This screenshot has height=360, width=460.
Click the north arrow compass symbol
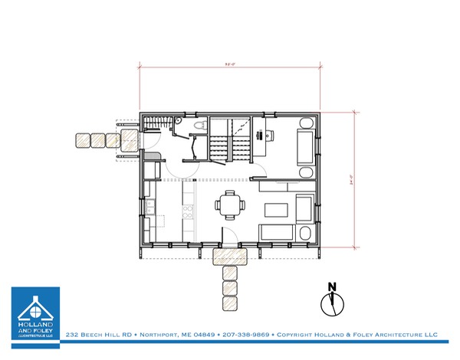(x=332, y=299)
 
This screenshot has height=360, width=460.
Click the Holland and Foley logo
(x=34, y=314)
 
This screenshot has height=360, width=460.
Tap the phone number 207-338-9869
(x=245, y=335)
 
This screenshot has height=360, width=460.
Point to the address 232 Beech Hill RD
(x=98, y=335)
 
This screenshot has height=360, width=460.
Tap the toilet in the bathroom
(x=198, y=127)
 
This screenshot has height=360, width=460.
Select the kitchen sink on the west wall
(x=151, y=205)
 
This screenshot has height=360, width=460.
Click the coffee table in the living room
(x=278, y=208)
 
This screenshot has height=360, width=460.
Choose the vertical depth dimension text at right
(x=351, y=180)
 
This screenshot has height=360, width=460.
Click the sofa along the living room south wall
(x=276, y=233)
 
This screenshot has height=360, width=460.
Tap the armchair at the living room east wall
(x=304, y=207)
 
